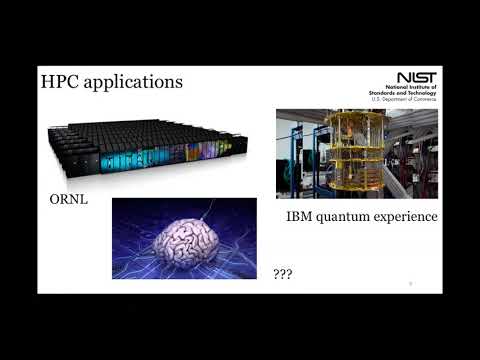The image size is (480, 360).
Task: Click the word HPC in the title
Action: click(62, 81)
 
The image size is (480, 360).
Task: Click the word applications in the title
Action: click(135, 83)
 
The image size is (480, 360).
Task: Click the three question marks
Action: click(282, 270)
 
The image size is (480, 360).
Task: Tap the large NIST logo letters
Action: click(417, 77)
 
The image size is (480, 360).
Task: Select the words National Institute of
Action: click(415, 88)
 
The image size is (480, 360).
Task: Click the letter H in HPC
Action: click(47, 81)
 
